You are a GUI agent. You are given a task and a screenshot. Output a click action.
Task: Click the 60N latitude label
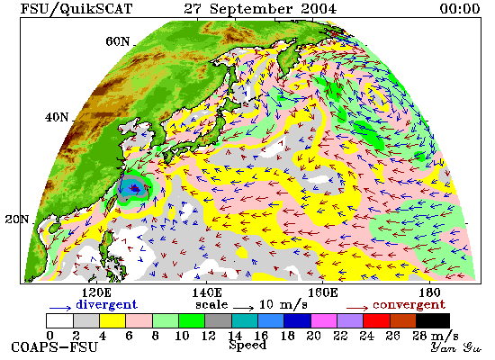[x=117, y=41]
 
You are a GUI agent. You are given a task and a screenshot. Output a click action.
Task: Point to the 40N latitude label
[x=57, y=118]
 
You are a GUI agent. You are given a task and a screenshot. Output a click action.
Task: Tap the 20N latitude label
[x=17, y=220]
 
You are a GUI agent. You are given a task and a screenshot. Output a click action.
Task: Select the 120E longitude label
[x=96, y=292]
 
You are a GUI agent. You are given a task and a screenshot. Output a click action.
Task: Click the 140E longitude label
[x=207, y=292]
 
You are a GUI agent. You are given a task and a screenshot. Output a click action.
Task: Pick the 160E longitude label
[x=322, y=292]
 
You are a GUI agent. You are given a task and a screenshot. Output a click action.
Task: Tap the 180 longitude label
[x=429, y=292]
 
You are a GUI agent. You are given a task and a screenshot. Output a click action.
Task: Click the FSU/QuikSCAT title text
[x=76, y=9]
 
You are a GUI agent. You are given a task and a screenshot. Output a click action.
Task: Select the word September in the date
[x=251, y=9]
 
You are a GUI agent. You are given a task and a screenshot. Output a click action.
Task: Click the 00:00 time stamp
[x=460, y=8]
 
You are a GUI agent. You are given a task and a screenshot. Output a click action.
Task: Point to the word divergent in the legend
[x=107, y=304]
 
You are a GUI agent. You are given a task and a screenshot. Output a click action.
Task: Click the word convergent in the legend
[x=409, y=305]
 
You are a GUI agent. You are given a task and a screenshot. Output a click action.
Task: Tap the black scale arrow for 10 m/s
[x=243, y=308]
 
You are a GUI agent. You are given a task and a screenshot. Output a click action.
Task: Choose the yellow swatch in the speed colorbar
[x=112, y=320]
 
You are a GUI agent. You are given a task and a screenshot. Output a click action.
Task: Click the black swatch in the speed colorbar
[x=433, y=320]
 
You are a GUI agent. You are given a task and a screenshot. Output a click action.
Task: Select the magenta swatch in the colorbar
[x=324, y=320]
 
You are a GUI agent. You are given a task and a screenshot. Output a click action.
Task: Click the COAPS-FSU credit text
[x=55, y=347]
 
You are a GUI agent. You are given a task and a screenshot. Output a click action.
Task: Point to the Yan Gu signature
[x=456, y=347]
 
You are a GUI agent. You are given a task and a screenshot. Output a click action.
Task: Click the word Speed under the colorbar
[x=247, y=345]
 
